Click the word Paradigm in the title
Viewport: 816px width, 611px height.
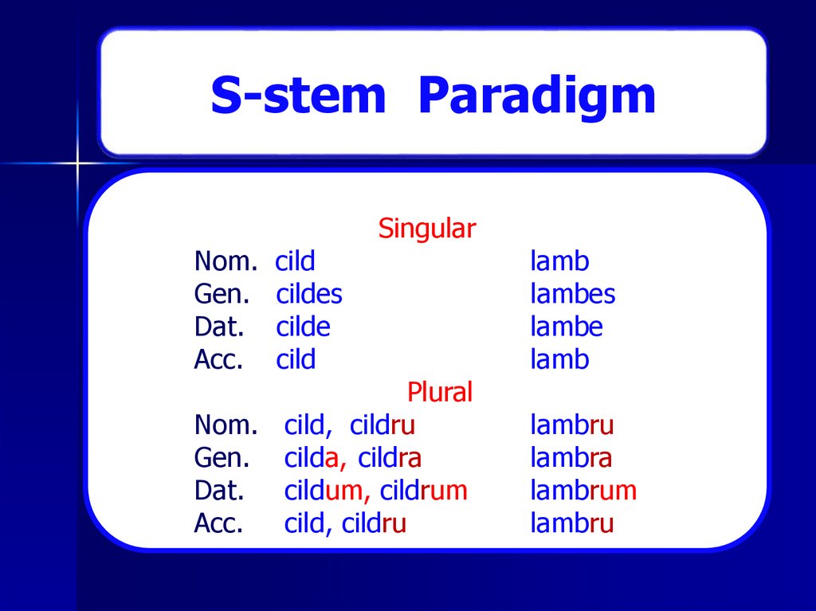[x=536, y=97]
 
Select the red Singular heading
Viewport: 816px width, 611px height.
[x=426, y=229]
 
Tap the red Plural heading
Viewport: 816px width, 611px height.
[x=440, y=393]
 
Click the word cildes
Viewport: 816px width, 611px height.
[x=309, y=295]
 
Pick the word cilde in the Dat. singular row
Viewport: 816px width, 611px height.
[x=303, y=327]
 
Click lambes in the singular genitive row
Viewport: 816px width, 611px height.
[x=573, y=295]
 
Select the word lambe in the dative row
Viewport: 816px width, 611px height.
[x=567, y=327]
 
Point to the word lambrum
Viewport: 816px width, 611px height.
[x=583, y=491]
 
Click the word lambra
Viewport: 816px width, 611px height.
[x=571, y=458]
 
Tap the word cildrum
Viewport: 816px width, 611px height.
[x=423, y=491]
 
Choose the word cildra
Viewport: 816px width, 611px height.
[x=390, y=458]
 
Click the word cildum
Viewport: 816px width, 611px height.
[x=323, y=491]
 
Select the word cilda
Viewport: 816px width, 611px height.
[x=313, y=458]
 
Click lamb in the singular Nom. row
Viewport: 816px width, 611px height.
[x=559, y=262]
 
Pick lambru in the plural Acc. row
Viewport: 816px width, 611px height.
[x=571, y=523]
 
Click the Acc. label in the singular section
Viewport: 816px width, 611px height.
[x=218, y=360]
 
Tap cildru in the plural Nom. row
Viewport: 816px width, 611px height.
[x=382, y=425]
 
